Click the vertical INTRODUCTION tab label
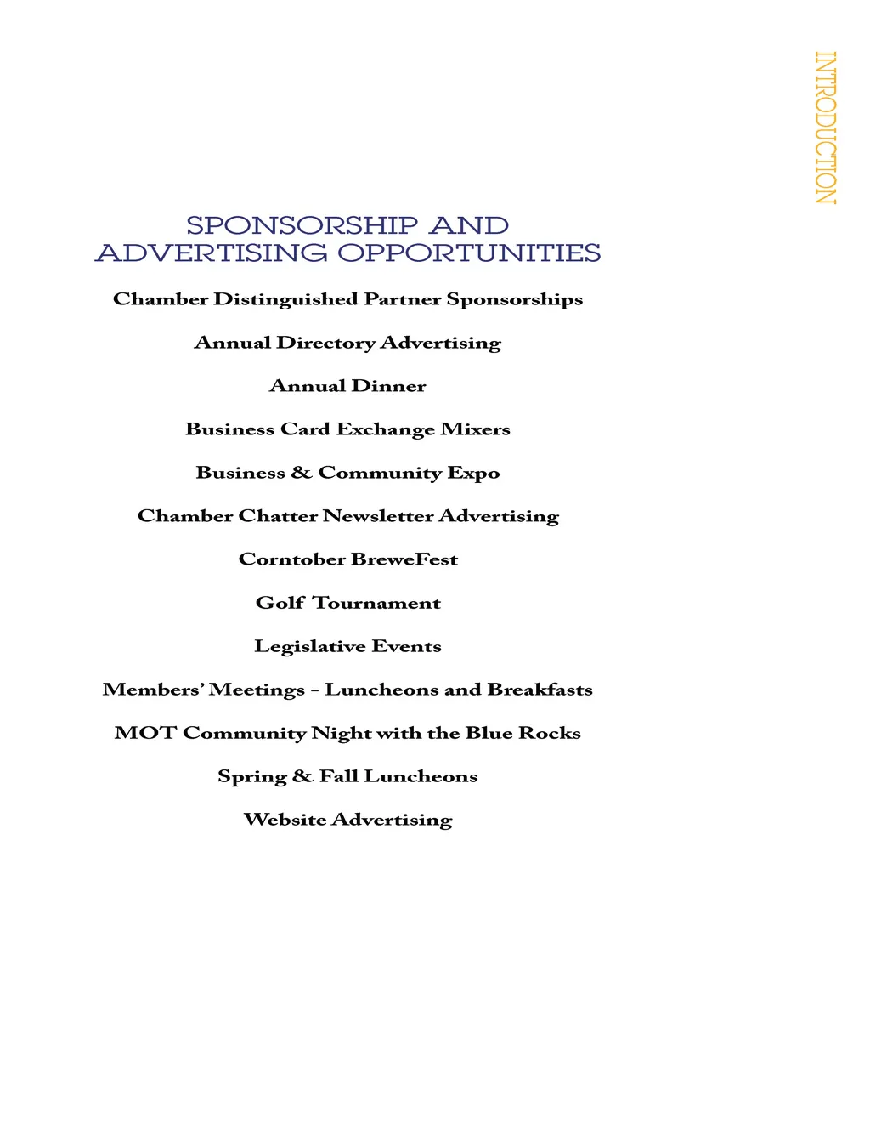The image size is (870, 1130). (825, 128)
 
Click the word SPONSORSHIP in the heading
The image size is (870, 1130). (302, 226)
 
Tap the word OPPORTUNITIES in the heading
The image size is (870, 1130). (469, 253)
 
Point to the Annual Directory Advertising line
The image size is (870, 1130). (347, 343)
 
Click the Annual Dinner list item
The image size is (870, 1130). (347, 386)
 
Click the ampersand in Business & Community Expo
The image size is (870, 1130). (302, 473)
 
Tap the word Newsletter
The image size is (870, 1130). (378, 516)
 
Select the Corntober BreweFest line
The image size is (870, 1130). (347, 559)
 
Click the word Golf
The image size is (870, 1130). (280, 603)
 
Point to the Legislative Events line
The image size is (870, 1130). (347, 646)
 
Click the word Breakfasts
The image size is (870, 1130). (540, 690)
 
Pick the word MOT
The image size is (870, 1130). (144, 733)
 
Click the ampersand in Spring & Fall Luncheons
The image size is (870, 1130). (302, 776)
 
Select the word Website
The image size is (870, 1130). (285, 820)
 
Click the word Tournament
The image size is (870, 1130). (376, 603)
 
